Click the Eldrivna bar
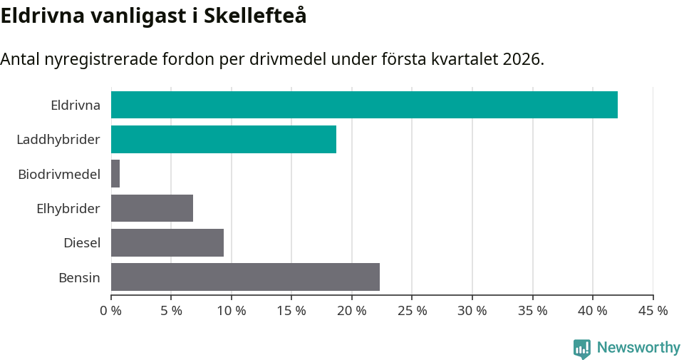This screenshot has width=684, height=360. [364, 105]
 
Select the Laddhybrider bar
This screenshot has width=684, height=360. [224, 139]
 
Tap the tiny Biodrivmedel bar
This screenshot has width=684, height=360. [115, 174]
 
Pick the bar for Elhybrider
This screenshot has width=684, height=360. [152, 208]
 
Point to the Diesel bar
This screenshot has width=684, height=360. [167, 242]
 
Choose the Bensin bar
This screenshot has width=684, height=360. [245, 277]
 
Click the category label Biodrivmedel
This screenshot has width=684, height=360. [59, 174]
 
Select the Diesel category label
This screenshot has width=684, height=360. [82, 243]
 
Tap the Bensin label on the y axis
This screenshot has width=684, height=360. [79, 277]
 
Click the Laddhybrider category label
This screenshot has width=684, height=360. [58, 139]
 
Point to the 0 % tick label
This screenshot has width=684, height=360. [111, 311]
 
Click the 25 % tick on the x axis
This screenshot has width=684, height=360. [413, 311]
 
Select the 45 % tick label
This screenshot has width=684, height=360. [653, 311]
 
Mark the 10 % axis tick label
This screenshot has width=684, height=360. [232, 311]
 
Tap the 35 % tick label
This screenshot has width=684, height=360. [533, 311]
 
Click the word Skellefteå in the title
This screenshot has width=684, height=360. [255, 16]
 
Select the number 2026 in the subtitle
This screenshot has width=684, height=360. [520, 59]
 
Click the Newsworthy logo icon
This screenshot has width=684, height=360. [582, 348]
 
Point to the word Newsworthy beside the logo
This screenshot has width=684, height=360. [638, 348]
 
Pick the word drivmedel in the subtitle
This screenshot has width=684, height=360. [294, 59]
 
